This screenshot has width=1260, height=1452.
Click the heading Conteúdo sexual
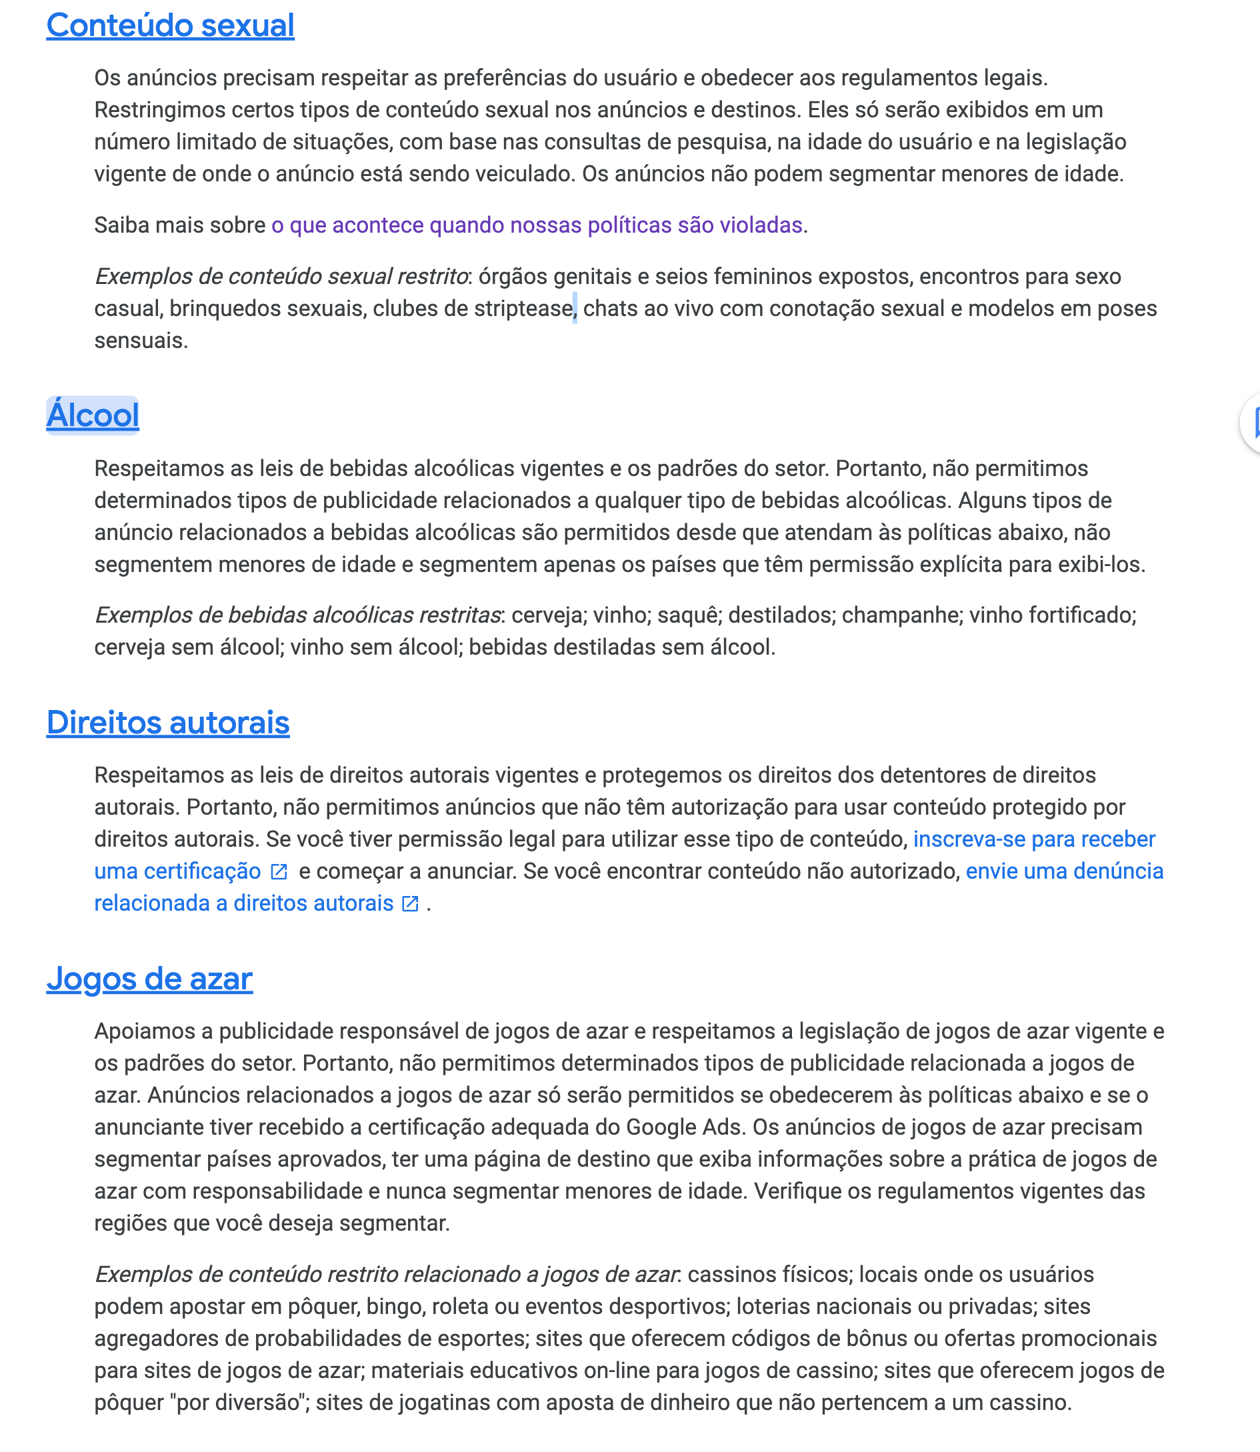pyautogui.click(x=170, y=26)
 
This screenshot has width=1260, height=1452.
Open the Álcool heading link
pyautogui.click(x=93, y=415)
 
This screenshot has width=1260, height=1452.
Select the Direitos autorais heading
pyautogui.click(x=168, y=723)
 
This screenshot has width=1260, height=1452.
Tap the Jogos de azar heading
pyautogui.click(x=150, y=979)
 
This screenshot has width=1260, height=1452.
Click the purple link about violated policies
pyautogui.click(x=537, y=226)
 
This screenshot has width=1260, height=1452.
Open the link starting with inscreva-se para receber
pyautogui.click(x=1033, y=839)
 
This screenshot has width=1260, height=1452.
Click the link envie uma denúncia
pyautogui.click(x=1065, y=872)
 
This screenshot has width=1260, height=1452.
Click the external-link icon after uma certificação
pyautogui.click(x=279, y=873)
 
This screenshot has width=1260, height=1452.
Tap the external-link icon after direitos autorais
pyautogui.click(x=410, y=904)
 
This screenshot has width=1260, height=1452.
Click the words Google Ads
pyautogui.click(x=684, y=1128)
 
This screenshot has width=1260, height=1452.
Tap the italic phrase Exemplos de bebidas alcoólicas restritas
pyautogui.click(x=297, y=616)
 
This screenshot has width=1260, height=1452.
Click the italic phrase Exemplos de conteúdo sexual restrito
pyautogui.click(x=282, y=277)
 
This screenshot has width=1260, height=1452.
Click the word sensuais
pyautogui.click(x=141, y=341)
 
